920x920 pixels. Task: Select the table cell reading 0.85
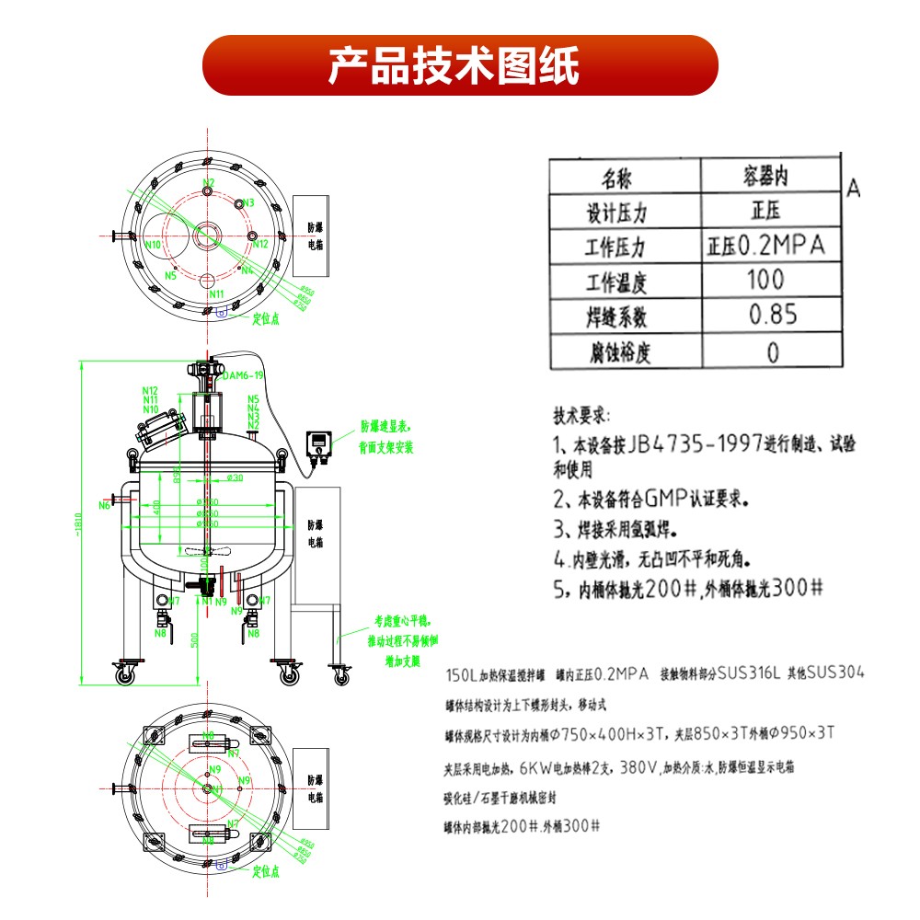pyautogui.click(x=772, y=315)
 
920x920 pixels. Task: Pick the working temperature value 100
pyautogui.click(x=765, y=279)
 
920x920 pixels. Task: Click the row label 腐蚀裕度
pyautogui.click(x=618, y=352)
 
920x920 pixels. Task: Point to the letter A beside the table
pyautogui.click(x=853, y=189)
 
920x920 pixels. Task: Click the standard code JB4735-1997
pyautogui.click(x=696, y=445)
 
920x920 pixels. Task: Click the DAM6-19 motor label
pyautogui.click(x=244, y=375)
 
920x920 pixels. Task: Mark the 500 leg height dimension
pyautogui.click(x=194, y=638)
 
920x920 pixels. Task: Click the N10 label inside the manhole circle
pyautogui.click(x=153, y=245)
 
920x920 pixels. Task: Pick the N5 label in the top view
pyautogui.click(x=170, y=275)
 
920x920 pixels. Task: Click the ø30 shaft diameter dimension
pyautogui.click(x=235, y=477)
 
